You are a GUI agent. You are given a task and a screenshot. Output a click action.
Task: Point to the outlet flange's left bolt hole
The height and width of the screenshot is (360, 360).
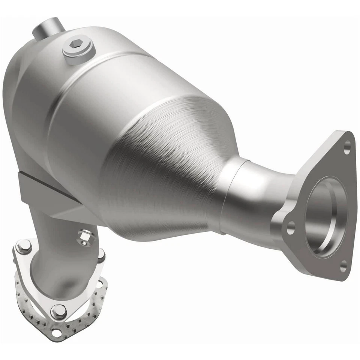290,227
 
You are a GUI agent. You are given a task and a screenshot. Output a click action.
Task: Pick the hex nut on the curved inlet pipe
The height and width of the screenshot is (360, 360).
83,236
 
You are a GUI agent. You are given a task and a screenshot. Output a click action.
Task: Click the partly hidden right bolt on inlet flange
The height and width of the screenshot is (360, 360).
101,255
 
